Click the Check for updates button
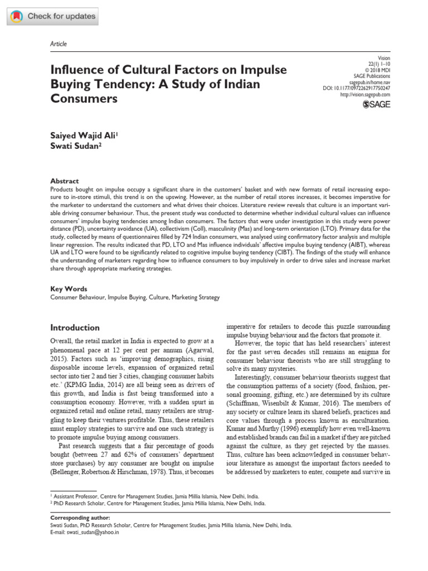click(53, 16)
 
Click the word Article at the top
click(59, 44)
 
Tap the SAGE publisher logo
click(377, 104)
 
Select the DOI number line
click(357, 88)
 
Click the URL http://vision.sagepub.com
click(364, 95)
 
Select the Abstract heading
click(65, 181)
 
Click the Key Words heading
click(69, 289)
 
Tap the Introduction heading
click(75, 327)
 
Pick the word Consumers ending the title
click(84, 99)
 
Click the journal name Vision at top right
click(383, 57)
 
